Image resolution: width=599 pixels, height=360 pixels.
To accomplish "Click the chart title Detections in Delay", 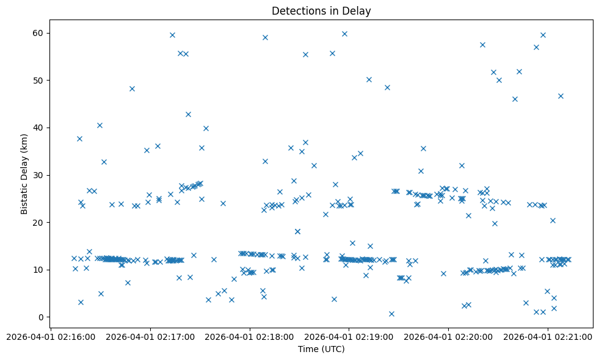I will tap(321, 11).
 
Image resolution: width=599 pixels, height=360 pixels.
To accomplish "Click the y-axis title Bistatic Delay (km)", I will tap(24, 174).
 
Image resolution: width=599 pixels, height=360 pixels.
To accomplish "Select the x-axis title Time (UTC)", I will tap(321, 349).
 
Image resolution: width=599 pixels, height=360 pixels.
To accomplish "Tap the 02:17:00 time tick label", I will tap(150, 337).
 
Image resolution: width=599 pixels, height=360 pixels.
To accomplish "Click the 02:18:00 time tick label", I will tap(249, 337).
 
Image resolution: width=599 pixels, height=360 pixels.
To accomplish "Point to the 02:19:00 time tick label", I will tap(349, 337).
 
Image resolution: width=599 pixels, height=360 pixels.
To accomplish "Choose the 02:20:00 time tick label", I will tap(448, 337).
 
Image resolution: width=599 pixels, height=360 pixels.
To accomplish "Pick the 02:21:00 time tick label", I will tap(548, 337).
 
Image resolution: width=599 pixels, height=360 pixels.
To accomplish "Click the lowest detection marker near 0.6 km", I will tap(391, 314).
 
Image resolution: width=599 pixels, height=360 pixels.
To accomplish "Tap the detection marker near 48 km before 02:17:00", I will tap(132, 88).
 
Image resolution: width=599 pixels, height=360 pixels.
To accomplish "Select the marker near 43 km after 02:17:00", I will tap(188, 114).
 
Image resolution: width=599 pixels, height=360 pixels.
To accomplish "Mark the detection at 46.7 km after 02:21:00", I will tap(561, 96).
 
